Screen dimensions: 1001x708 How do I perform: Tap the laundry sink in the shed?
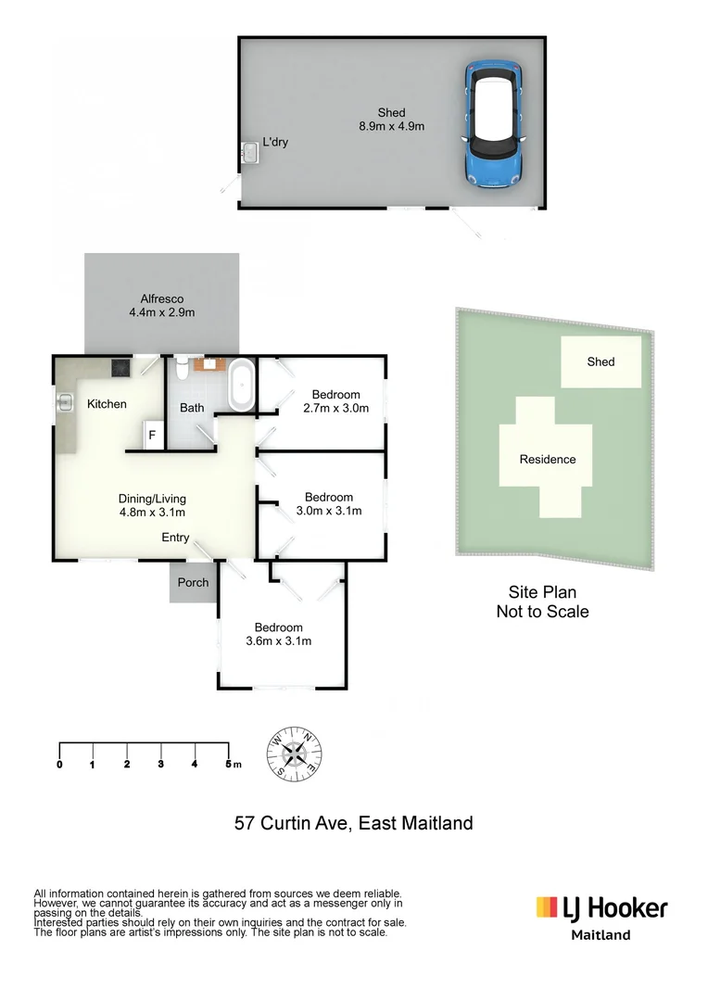pos(248,152)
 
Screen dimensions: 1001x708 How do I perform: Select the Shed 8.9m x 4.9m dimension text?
pos(391,120)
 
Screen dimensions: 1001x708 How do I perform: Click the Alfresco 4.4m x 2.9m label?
pos(162,306)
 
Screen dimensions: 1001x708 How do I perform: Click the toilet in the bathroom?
pos(181,371)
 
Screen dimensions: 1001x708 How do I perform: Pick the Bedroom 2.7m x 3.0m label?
pos(335,400)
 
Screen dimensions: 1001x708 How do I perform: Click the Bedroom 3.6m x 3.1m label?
pos(278,634)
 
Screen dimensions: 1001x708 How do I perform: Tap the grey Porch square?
pos(193,583)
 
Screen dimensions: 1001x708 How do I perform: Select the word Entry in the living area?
pos(175,538)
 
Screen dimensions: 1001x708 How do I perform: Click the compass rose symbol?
pos(296,752)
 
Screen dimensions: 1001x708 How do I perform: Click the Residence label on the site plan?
pos(547,460)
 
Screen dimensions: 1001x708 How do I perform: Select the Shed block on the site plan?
pos(601,361)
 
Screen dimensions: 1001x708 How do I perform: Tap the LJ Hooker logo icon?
pos(546,906)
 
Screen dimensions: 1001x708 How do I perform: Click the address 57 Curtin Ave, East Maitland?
pos(353,823)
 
